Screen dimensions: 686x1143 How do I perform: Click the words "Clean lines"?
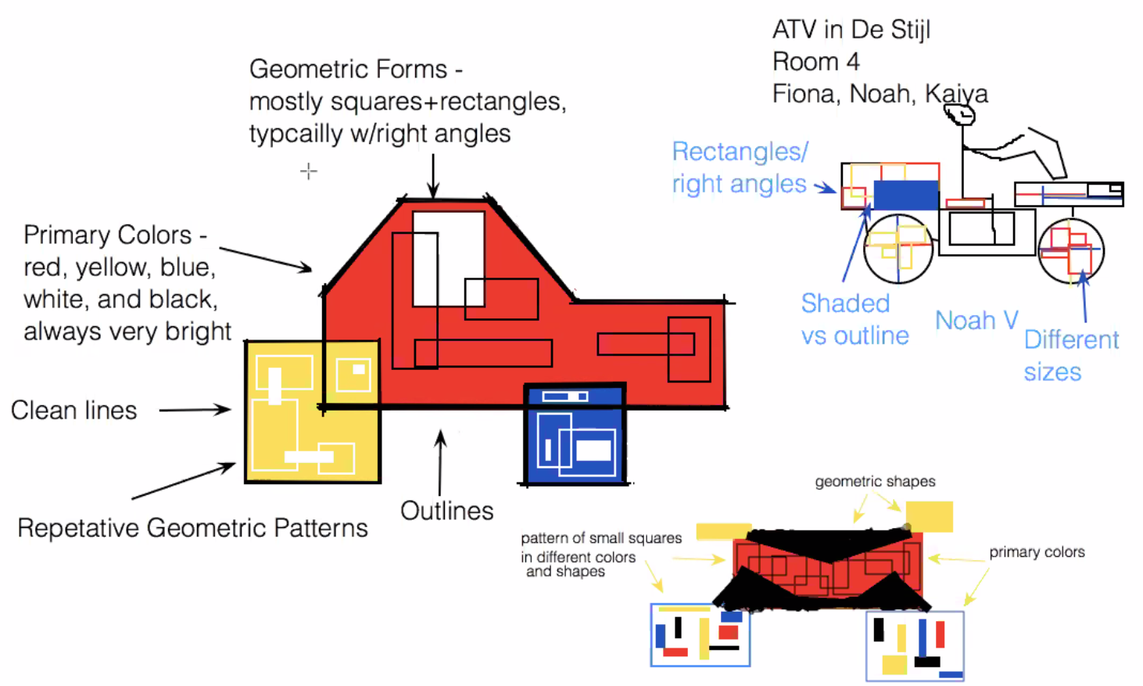click(73, 410)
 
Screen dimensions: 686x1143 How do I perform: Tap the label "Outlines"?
click(446, 511)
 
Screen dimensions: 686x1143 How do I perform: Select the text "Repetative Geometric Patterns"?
click(192, 528)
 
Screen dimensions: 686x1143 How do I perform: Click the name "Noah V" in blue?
click(976, 320)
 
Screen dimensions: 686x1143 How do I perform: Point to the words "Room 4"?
click(815, 62)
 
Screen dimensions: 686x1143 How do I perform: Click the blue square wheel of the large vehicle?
click(575, 434)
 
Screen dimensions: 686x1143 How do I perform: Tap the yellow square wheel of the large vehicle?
click(312, 411)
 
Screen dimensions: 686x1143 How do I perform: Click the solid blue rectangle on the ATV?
click(905, 195)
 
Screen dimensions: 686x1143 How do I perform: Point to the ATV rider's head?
click(959, 116)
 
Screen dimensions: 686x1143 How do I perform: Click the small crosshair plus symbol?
click(309, 171)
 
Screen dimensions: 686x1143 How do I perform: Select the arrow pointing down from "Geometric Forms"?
click(433, 176)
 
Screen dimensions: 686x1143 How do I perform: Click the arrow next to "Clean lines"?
click(195, 409)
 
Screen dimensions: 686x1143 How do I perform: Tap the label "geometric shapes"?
click(875, 481)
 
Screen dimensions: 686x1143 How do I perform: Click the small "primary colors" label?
click(1037, 551)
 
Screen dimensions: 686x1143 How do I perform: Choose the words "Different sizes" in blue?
click(1070, 355)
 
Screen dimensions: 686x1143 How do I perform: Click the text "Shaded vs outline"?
click(855, 319)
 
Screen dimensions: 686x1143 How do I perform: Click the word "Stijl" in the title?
click(908, 30)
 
